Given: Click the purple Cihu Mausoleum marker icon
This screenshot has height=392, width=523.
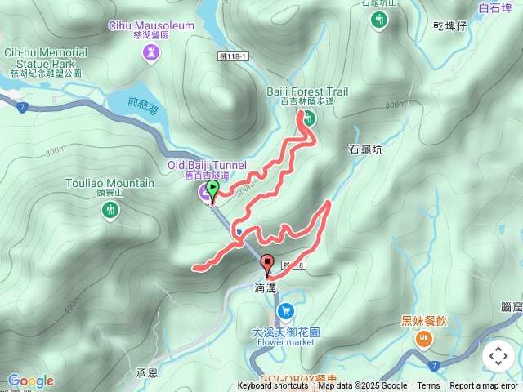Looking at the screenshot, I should [151, 54].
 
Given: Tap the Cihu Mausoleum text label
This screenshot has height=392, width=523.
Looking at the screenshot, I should [151, 25].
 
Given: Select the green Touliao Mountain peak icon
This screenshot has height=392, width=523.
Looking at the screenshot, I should [110, 211].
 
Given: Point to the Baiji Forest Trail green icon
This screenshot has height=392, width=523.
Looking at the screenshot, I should [309, 118].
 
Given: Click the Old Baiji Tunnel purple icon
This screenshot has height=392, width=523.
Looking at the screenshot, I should [204, 193].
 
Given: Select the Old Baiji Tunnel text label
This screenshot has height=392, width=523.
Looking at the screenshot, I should [207, 165].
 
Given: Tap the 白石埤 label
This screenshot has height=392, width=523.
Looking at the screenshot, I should [494, 9].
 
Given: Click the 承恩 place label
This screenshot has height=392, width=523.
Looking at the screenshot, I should [146, 372].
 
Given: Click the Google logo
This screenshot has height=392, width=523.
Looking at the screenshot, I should [30, 381].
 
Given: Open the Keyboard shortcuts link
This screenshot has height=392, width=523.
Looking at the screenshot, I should [273, 386].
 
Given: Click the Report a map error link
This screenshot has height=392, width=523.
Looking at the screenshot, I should [484, 386].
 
